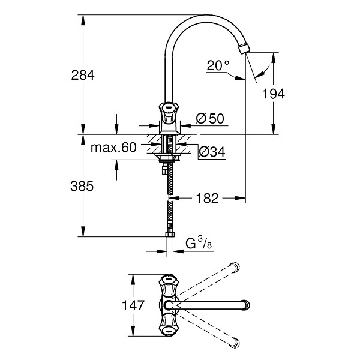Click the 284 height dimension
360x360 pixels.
[x=83, y=75]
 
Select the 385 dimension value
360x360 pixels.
[x=82, y=186]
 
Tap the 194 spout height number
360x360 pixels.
[x=273, y=94]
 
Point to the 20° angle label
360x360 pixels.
[x=218, y=65]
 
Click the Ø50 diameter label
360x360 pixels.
[x=210, y=119]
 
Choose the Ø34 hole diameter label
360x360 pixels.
[x=212, y=152]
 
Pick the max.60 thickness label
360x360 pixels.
[x=113, y=148]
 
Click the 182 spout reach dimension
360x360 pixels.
[x=207, y=198]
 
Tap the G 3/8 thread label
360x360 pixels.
[x=199, y=243]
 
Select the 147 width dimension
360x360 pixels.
[x=133, y=305]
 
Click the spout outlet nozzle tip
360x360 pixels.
[x=244, y=49]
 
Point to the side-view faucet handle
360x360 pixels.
[x=169, y=113]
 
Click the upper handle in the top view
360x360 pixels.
[x=169, y=286]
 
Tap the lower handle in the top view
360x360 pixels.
[x=169, y=325]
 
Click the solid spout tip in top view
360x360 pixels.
[x=247, y=305]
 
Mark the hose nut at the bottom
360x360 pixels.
[x=170, y=234]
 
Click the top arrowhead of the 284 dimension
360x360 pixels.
[x=83, y=20]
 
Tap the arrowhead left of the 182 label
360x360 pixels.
[x=174, y=198]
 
